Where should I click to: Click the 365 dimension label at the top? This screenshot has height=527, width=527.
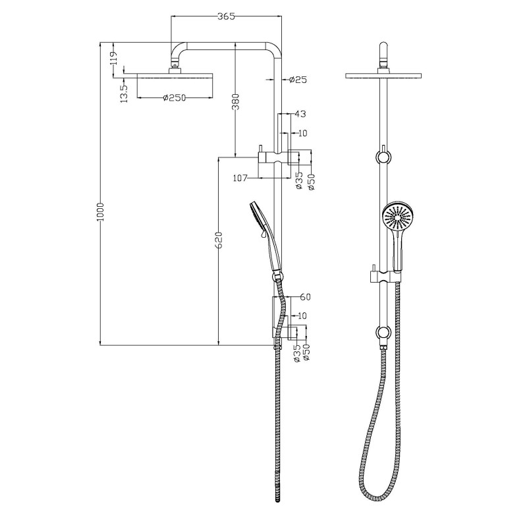[226, 16]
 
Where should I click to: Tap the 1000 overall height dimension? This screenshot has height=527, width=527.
[101, 211]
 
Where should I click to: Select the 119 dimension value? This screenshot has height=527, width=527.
[114, 58]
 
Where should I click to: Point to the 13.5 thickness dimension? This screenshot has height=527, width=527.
[125, 93]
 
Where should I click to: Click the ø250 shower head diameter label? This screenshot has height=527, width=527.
[174, 97]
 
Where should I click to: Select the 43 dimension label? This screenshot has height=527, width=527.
[300, 114]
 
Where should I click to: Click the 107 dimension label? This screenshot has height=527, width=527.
[240, 178]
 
